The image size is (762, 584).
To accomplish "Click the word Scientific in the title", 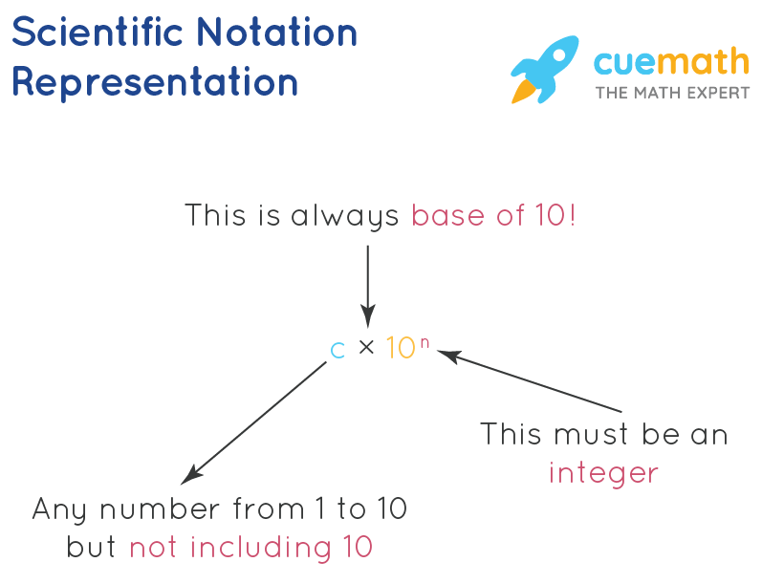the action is pos(98,32).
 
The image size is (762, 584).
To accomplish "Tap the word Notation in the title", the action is pos(277,32).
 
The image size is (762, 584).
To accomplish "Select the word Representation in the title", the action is pos(155,82).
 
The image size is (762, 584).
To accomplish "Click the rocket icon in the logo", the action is pos(544,70).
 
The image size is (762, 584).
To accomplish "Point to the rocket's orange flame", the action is pos(523,92).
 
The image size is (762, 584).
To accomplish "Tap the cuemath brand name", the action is pos(671,62).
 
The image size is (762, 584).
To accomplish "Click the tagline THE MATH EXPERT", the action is pos(672,93).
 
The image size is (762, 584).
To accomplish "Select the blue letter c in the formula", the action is pos(337,350).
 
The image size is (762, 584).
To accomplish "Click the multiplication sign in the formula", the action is pos(366,347).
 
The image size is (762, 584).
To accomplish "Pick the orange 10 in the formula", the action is pos(401,348).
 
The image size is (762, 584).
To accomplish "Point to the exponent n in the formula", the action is pos(425,343).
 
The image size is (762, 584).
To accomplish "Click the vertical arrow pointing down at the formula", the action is pos(368,286).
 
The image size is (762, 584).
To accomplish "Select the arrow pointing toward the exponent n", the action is pos(530,381).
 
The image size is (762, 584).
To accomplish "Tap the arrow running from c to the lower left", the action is pos(253,422).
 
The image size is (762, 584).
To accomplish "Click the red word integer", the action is pos(603,472).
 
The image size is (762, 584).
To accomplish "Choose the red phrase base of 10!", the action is pos(493,215).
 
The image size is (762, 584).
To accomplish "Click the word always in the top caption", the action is pos(344,216).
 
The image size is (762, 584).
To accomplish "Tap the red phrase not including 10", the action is pos(250,547).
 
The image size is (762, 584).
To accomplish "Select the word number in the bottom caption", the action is pos(160,509).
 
